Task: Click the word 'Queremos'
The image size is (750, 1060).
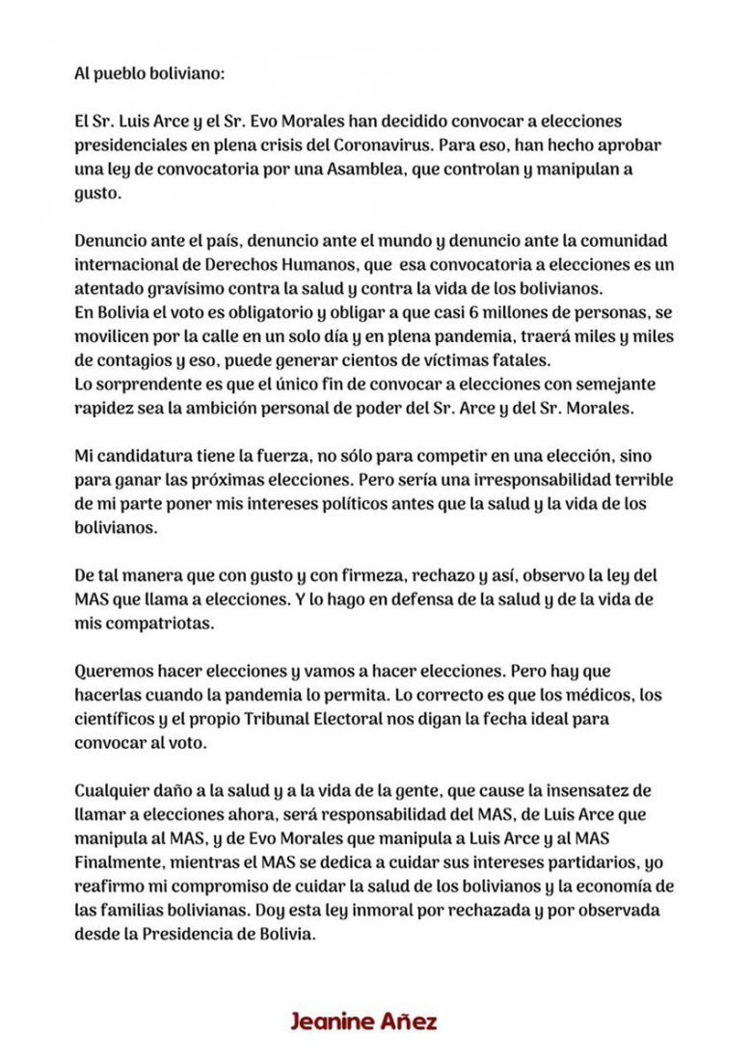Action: pyautogui.click(x=112, y=671)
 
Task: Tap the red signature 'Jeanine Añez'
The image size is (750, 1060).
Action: pyautogui.click(x=363, y=1020)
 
